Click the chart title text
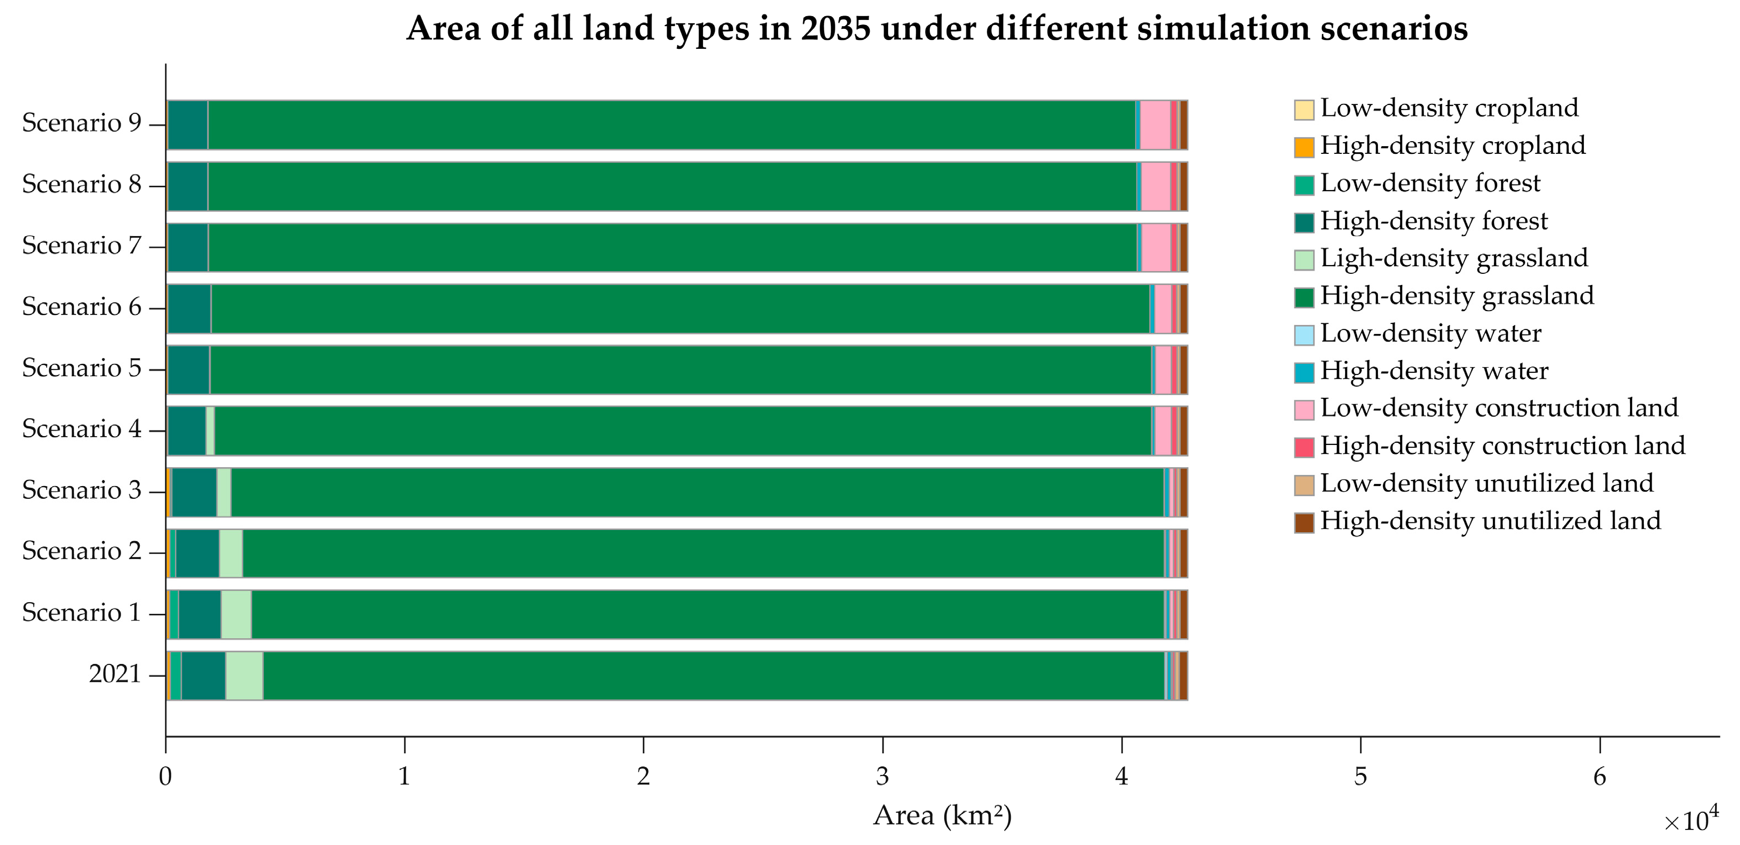coord(936,28)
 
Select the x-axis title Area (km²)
coord(942,816)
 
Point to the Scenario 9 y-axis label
coord(81,123)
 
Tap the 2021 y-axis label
coord(115,674)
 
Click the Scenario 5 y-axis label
coord(81,368)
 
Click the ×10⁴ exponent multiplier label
coord(1691,819)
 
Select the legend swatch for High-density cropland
coord(1303,147)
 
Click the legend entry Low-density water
coord(1431,334)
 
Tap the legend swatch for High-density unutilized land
coord(1303,523)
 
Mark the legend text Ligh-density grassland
coord(1453,259)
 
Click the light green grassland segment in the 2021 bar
coord(244,676)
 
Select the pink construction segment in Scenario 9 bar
coord(1155,125)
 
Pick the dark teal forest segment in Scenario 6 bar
coord(189,309)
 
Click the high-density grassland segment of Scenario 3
coord(696,492)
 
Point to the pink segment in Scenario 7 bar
coord(1156,247)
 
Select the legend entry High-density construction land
coord(1502,446)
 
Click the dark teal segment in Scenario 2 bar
coord(197,553)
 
